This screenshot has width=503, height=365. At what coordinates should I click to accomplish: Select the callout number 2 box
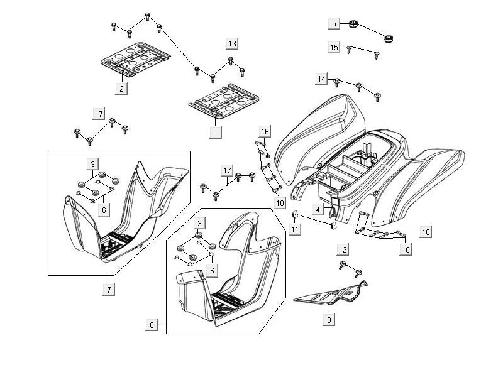click(120, 89)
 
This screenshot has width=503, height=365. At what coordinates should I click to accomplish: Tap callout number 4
click(319, 209)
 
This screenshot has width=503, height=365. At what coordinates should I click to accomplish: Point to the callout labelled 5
click(335, 23)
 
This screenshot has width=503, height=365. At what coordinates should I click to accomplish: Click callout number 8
click(152, 325)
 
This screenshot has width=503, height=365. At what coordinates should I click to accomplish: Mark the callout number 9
click(328, 319)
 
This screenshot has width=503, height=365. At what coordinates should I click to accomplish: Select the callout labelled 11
click(296, 229)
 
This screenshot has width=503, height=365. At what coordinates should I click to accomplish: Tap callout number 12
click(342, 250)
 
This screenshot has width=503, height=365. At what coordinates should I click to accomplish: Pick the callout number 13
click(233, 43)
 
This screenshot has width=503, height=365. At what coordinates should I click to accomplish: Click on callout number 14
click(322, 79)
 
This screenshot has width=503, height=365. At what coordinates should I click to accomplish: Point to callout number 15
click(334, 47)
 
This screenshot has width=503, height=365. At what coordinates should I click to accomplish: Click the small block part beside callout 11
click(294, 215)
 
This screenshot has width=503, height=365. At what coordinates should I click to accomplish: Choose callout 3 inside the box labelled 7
click(92, 164)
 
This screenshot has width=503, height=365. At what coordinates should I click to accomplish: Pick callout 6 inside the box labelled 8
click(212, 270)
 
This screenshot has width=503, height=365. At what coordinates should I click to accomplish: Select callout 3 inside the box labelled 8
click(200, 223)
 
